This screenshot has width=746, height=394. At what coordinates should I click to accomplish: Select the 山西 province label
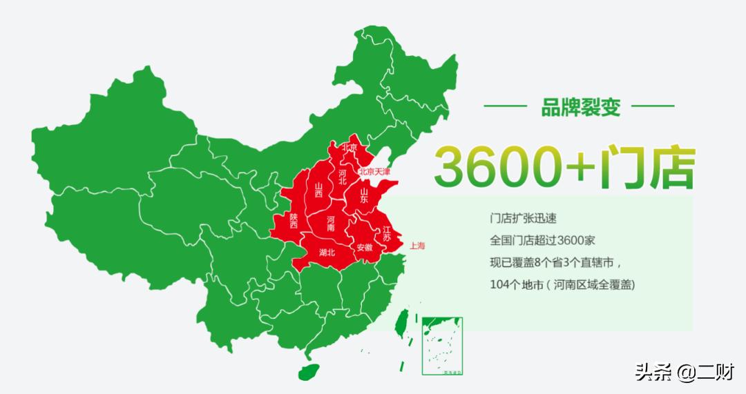[319, 190]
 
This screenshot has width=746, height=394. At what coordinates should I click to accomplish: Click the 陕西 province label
[294, 220]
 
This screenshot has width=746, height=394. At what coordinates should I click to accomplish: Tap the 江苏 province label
[387, 233]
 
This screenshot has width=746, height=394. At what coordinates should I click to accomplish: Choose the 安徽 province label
[364, 247]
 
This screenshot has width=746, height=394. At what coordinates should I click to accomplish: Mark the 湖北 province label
[327, 253]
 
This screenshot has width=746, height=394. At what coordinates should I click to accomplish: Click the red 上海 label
[417, 245]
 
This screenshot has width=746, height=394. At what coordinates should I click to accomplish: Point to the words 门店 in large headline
[644, 166]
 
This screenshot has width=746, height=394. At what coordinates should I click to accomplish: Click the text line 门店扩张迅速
[522, 219]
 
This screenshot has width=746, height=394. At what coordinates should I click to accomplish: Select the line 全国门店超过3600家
[542, 241]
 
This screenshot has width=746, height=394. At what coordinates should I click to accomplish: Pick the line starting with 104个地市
[562, 284]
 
